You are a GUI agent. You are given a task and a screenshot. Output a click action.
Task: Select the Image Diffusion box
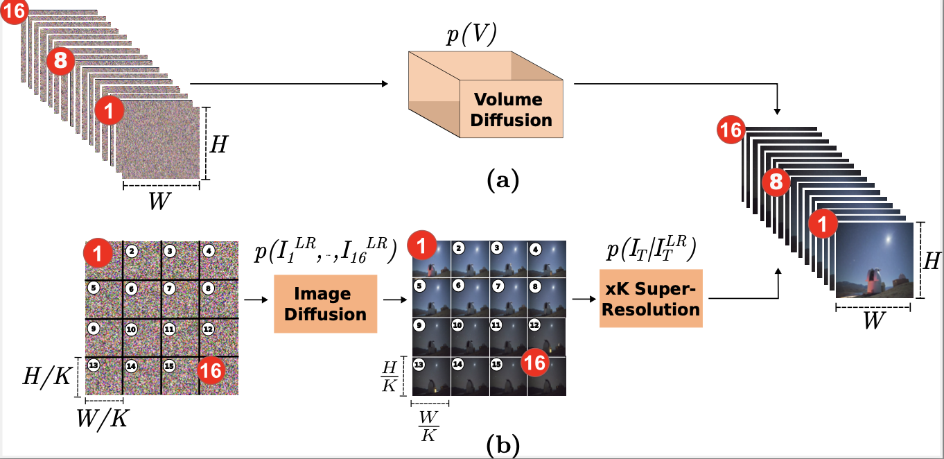coord(325,304)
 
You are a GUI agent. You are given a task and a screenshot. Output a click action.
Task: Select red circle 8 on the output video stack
coord(776,182)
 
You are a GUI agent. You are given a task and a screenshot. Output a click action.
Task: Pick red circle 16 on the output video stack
coord(731,130)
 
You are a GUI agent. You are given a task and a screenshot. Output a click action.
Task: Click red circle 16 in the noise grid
coord(211,372)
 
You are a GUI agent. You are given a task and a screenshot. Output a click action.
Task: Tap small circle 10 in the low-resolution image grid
coord(457,324)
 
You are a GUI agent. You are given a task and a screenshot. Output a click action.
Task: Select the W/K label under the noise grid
coord(103,418)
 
